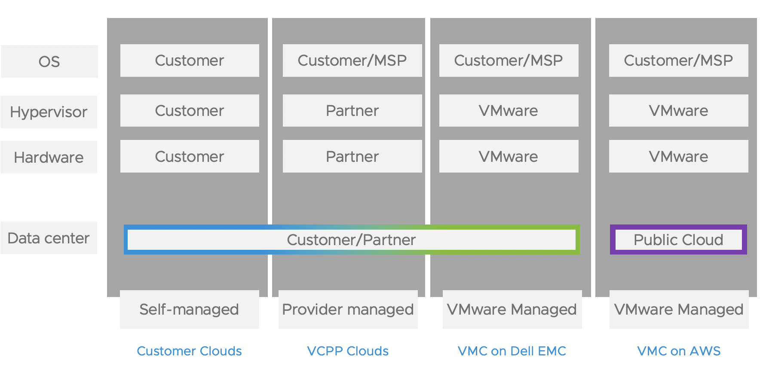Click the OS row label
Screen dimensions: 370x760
(49, 61)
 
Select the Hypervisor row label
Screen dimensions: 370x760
(49, 112)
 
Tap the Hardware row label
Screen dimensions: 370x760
(49, 157)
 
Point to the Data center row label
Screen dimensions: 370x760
(49, 238)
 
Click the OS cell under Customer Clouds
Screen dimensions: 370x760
(190, 61)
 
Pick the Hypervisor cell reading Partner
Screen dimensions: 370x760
(352, 111)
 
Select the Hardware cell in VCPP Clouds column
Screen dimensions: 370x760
(352, 156)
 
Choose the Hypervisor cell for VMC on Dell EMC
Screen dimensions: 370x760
(509, 111)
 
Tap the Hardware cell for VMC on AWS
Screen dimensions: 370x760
(678, 156)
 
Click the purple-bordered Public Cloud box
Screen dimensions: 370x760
(678, 240)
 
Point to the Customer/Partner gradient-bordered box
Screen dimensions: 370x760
(351, 240)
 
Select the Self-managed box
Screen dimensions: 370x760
(189, 309)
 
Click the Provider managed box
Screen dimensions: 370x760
(348, 309)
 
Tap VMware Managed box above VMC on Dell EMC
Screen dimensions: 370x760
(512, 309)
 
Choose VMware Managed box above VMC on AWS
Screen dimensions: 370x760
(679, 309)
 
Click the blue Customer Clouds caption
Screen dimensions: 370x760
(189, 351)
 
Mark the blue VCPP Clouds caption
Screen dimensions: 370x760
(348, 351)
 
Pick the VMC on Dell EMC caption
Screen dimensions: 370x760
(512, 351)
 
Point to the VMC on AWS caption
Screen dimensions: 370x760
(679, 351)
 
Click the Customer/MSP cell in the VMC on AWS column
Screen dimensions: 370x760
(678, 61)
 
